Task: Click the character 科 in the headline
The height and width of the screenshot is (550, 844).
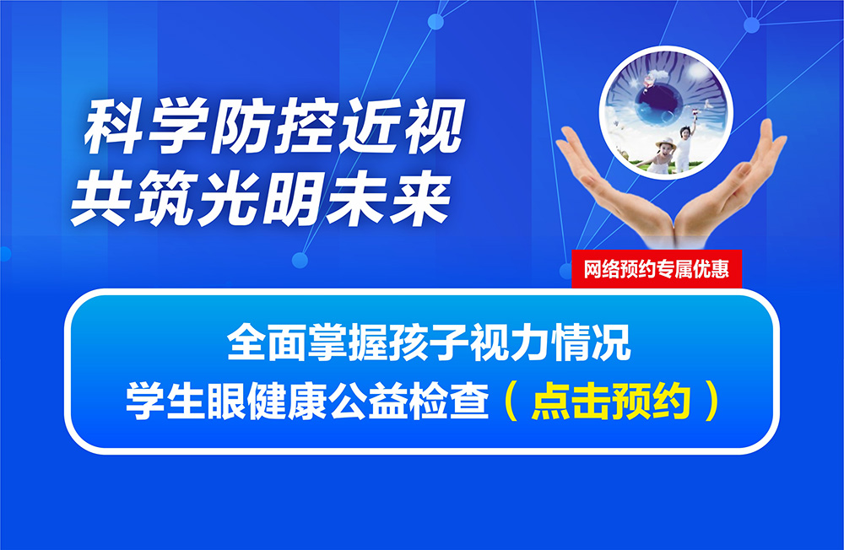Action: click(114, 127)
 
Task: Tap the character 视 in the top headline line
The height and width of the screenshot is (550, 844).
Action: click(434, 127)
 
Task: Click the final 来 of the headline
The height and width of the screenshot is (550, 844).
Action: click(419, 200)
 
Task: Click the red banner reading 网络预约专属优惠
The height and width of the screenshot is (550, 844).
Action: click(657, 268)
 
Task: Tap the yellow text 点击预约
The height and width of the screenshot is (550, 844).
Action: click(611, 401)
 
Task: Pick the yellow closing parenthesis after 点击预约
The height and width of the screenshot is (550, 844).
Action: click(711, 401)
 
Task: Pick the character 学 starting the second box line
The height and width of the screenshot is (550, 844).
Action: click(145, 401)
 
